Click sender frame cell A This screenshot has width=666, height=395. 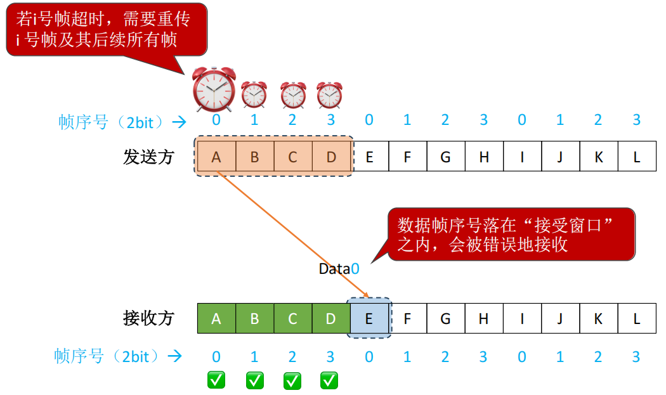click(216, 157)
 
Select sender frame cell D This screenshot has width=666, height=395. click(331, 157)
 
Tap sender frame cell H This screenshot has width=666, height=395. click(484, 157)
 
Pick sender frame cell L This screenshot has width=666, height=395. click(637, 157)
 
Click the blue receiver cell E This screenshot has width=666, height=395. click(369, 318)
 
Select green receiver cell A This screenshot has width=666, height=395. click(216, 318)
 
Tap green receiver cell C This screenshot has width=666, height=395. click(292, 318)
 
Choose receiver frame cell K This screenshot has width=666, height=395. click(598, 318)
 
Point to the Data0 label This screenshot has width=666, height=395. click(339, 269)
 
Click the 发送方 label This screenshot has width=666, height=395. click(148, 157)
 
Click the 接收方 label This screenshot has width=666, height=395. click(148, 318)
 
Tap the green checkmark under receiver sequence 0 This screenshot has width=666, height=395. click(216, 380)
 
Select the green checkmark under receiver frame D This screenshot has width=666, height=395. click(329, 380)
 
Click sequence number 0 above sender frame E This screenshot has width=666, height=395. click(369, 120)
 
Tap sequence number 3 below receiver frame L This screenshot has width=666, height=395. click(636, 358)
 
